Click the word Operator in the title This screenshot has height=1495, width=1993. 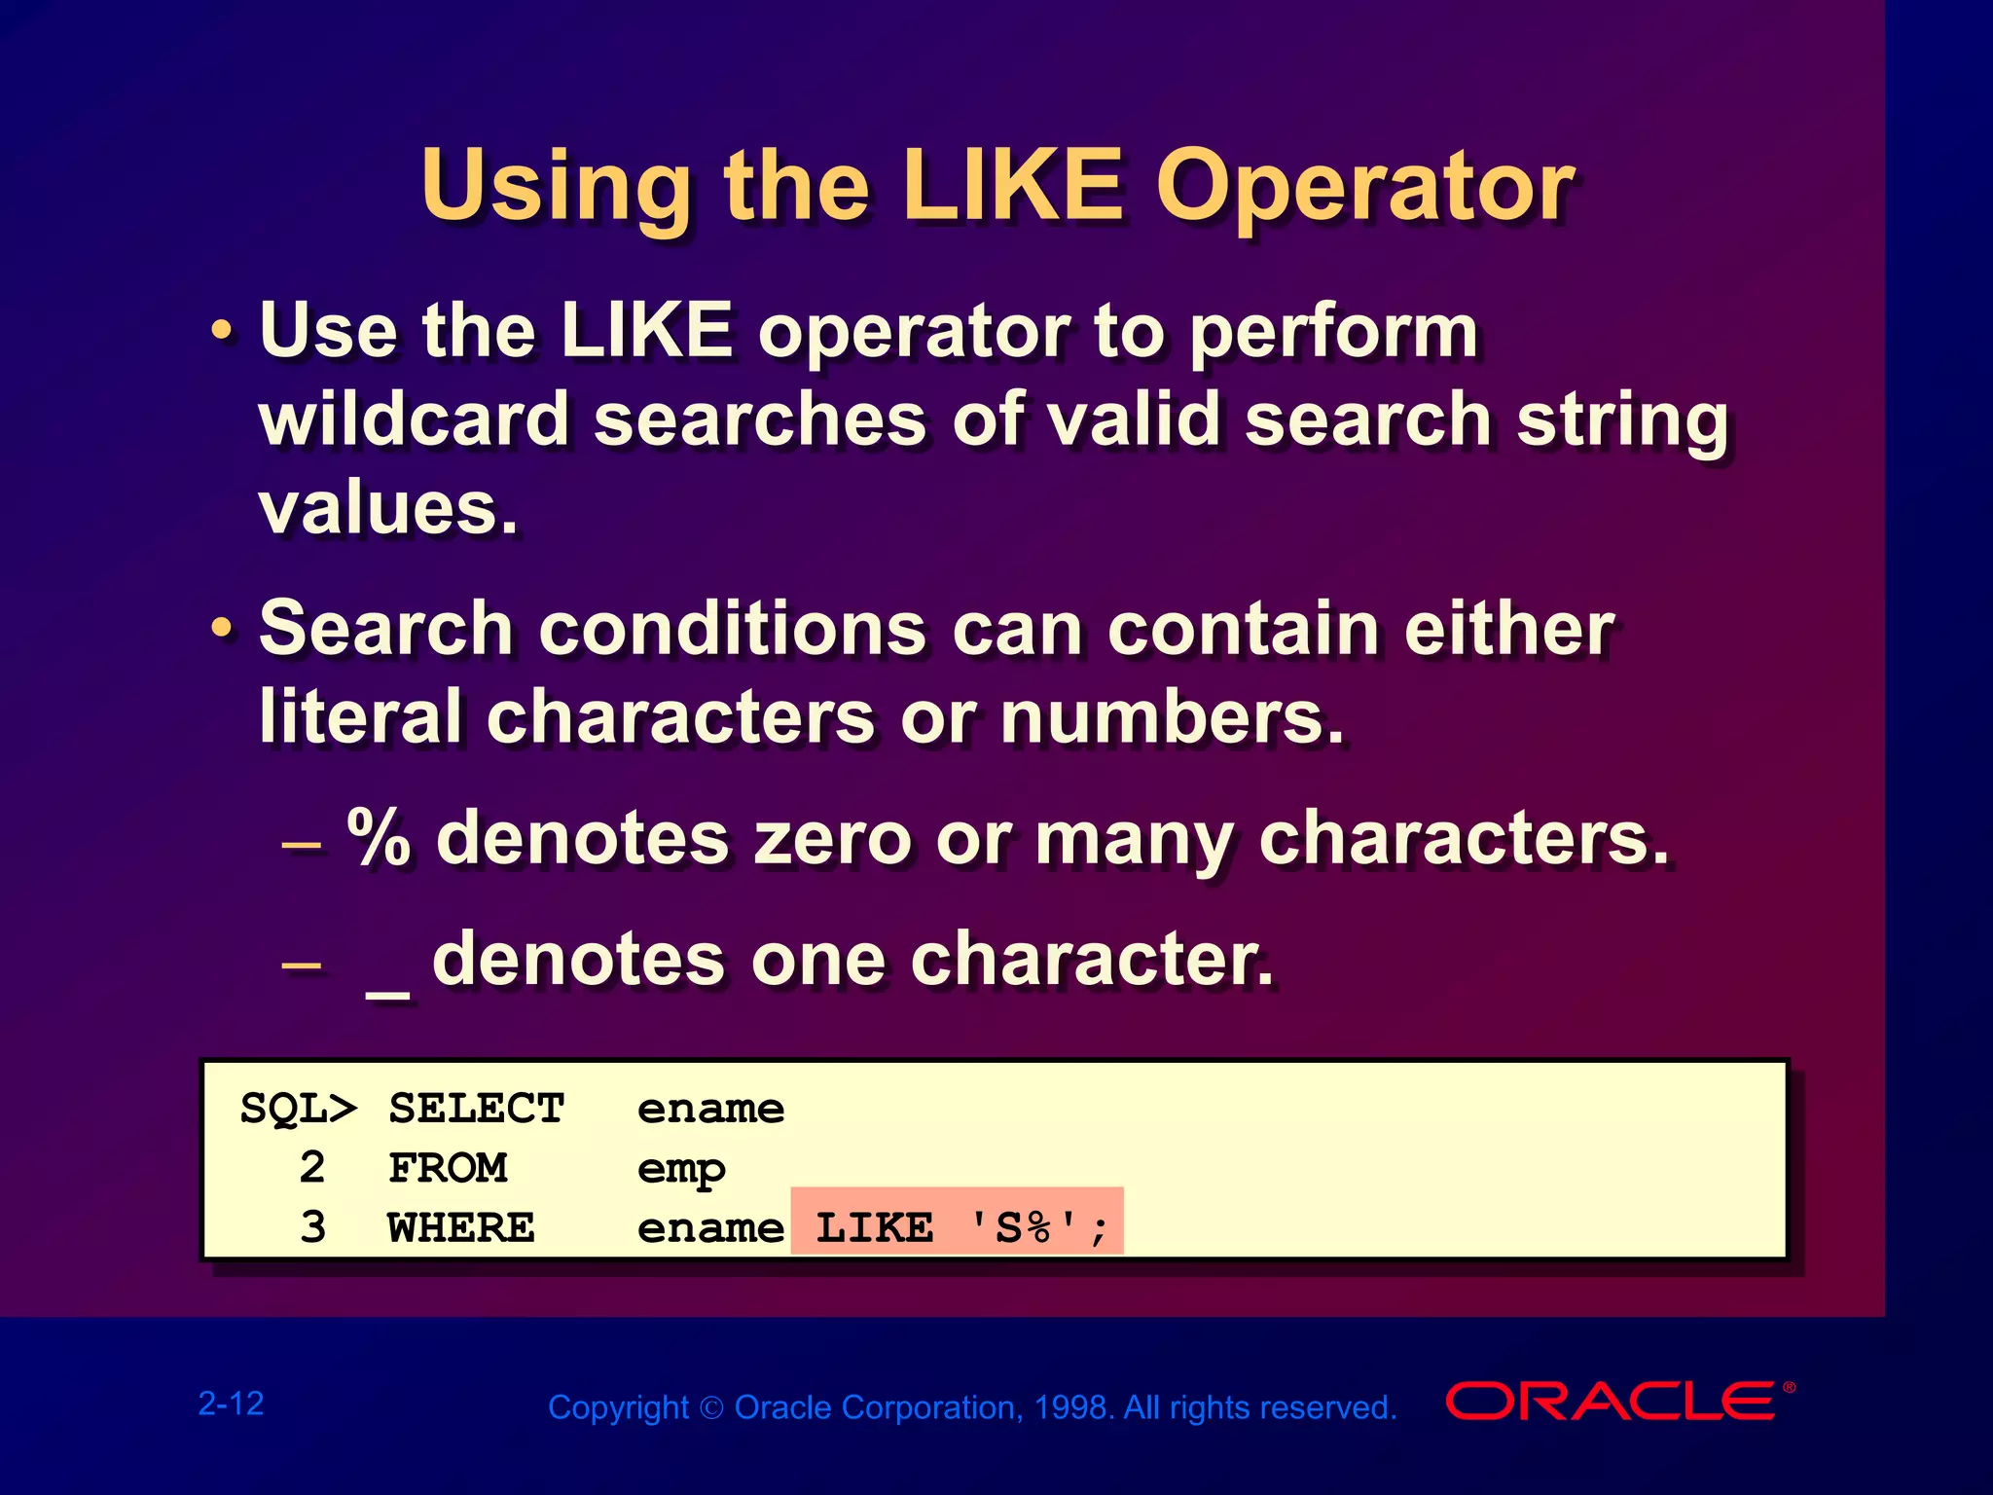tap(1364, 187)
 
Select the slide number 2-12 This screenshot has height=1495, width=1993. tap(232, 1404)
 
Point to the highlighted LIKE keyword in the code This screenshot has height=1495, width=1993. tap(874, 1227)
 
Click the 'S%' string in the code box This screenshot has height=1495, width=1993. tap(1027, 1227)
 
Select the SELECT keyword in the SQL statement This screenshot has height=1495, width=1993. tap(477, 1109)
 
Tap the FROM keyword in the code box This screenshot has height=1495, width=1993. tap(448, 1168)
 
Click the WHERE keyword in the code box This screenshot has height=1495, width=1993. tap(461, 1227)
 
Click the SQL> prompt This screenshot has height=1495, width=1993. tap(298, 1109)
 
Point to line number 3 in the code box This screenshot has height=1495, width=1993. tap(312, 1227)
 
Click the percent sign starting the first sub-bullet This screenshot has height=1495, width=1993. tap(380, 838)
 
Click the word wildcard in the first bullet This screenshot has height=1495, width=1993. tap(414, 419)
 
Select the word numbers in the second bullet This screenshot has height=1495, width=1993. tap(1172, 718)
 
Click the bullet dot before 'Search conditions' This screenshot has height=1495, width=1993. tap(223, 630)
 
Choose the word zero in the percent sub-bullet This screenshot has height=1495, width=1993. tap(833, 838)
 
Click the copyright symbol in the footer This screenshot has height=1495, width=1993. tap(712, 1408)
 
